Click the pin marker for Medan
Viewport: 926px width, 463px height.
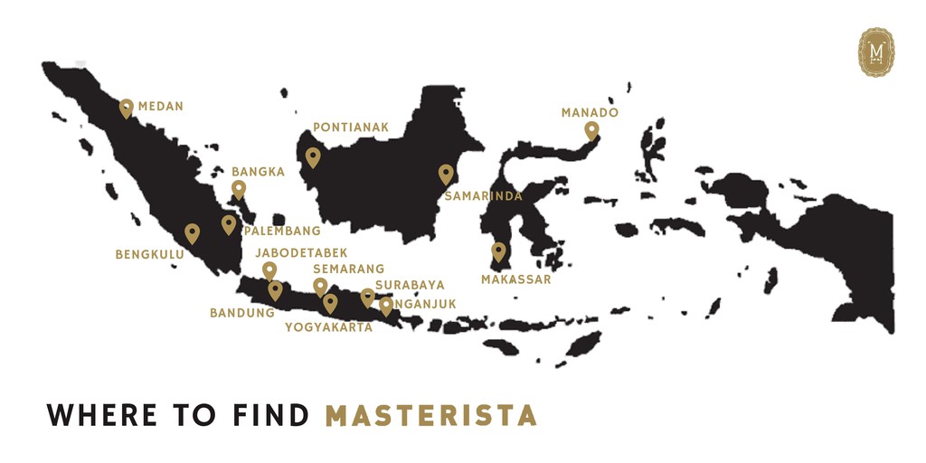click(x=127, y=109)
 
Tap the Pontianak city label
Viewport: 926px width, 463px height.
click(x=351, y=128)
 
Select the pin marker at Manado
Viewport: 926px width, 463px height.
click(x=591, y=130)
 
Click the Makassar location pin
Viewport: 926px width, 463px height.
click(x=498, y=251)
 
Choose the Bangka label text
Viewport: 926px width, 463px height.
click(x=258, y=171)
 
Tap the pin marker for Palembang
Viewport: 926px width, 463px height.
click(x=229, y=223)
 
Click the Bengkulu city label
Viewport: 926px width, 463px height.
click(x=149, y=255)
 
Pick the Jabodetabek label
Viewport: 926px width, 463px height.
click(x=301, y=252)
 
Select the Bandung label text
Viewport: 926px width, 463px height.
click(x=241, y=313)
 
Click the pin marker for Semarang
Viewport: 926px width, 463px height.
click(x=320, y=287)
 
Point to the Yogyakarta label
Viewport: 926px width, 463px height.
click(x=328, y=327)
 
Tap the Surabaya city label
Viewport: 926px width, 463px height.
click(x=410, y=285)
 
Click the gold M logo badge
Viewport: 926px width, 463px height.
click(x=875, y=52)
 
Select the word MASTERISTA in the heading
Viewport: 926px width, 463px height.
click(x=431, y=415)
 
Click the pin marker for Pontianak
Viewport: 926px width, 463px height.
click(x=313, y=157)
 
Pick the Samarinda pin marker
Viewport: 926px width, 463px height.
click(x=446, y=174)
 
